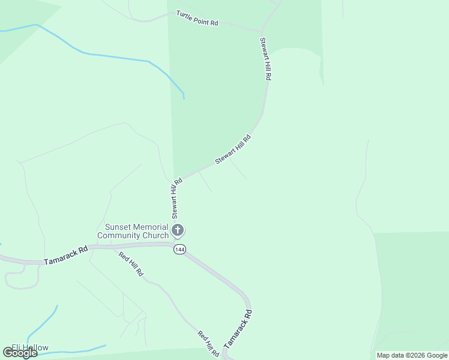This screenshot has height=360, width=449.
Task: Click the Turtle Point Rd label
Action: pyautogui.click(x=197, y=18)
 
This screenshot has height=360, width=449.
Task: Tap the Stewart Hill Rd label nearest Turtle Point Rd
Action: pyautogui.click(x=265, y=59)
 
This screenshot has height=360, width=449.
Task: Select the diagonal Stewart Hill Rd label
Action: pyautogui.click(x=233, y=150)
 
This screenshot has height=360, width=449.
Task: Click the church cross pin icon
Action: pyautogui.click(x=178, y=230)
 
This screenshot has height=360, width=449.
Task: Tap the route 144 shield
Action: pyautogui.click(x=178, y=249)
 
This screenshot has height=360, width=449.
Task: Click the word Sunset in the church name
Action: pyautogui.click(x=118, y=227)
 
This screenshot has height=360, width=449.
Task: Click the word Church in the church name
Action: pyautogui.click(x=155, y=235)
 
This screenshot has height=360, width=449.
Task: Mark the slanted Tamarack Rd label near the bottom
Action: pyautogui.click(x=238, y=330)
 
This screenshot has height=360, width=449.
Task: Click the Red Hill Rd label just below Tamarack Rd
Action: pyautogui.click(x=131, y=264)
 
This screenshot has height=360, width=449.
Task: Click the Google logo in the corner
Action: pyautogui.click(x=20, y=353)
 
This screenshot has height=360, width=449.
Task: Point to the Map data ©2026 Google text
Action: pyautogui.click(x=412, y=355)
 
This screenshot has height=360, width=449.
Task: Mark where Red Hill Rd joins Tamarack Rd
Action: pyautogui.click(x=114, y=246)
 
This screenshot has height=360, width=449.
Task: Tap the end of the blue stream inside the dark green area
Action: pyautogui.click(x=184, y=98)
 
